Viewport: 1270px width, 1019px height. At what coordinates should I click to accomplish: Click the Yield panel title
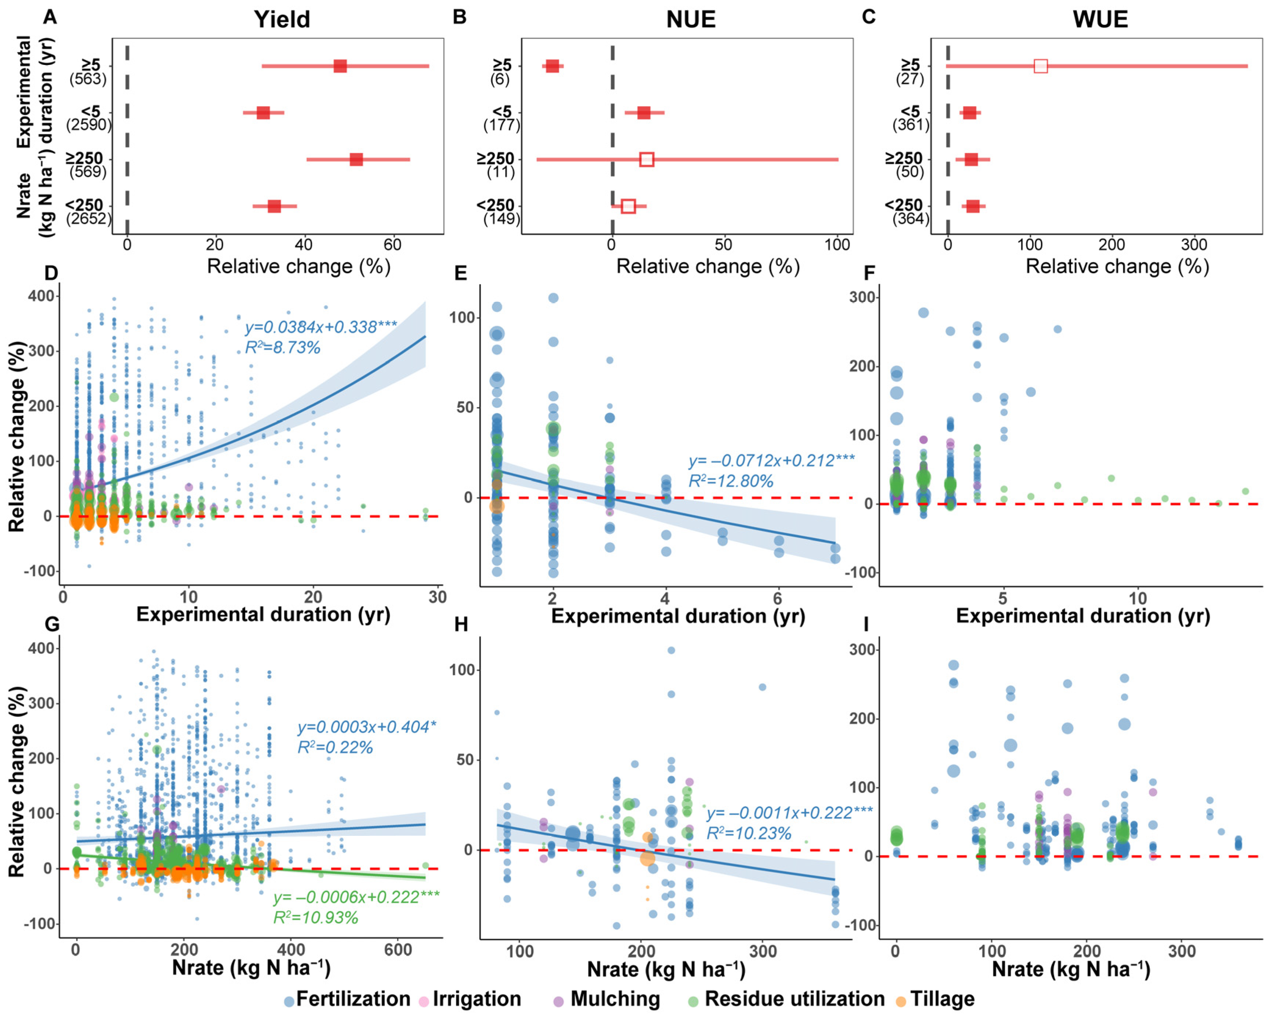tap(282, 19)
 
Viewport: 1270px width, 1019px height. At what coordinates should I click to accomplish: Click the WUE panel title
tap(1100, 19)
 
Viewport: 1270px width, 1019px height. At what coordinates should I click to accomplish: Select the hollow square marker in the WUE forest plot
tap(1041, 66)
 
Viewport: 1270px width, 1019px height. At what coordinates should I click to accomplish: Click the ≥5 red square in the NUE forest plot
tap(552, 66)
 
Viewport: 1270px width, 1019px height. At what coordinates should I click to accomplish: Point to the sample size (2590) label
tap(88, 125)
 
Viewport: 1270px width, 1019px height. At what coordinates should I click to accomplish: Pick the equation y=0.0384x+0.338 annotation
tap(321, 327)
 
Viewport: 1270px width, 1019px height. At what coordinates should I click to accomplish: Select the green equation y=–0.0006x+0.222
tap(356, 897)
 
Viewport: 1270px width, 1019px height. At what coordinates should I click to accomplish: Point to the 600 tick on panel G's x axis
tap(398, 950)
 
